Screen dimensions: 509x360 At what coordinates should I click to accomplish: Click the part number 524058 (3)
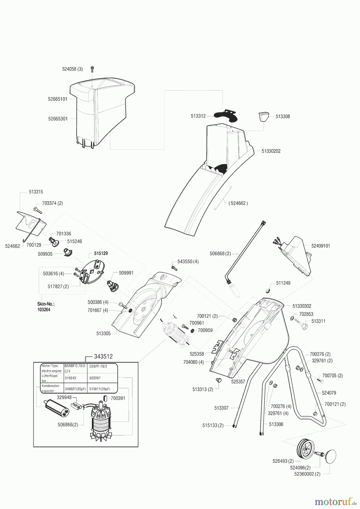72,69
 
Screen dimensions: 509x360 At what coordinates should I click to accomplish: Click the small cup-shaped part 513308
262,117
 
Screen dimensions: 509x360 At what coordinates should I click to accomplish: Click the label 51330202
271,151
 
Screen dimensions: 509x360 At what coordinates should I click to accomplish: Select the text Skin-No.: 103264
46,307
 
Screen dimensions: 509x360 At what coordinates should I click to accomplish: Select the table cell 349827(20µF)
75,389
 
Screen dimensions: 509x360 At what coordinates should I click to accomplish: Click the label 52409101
320,246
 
